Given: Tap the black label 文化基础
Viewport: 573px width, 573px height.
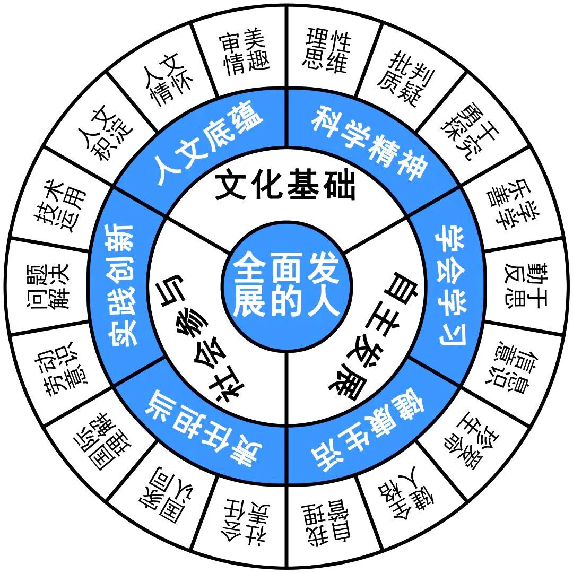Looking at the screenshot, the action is click(285, 187).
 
